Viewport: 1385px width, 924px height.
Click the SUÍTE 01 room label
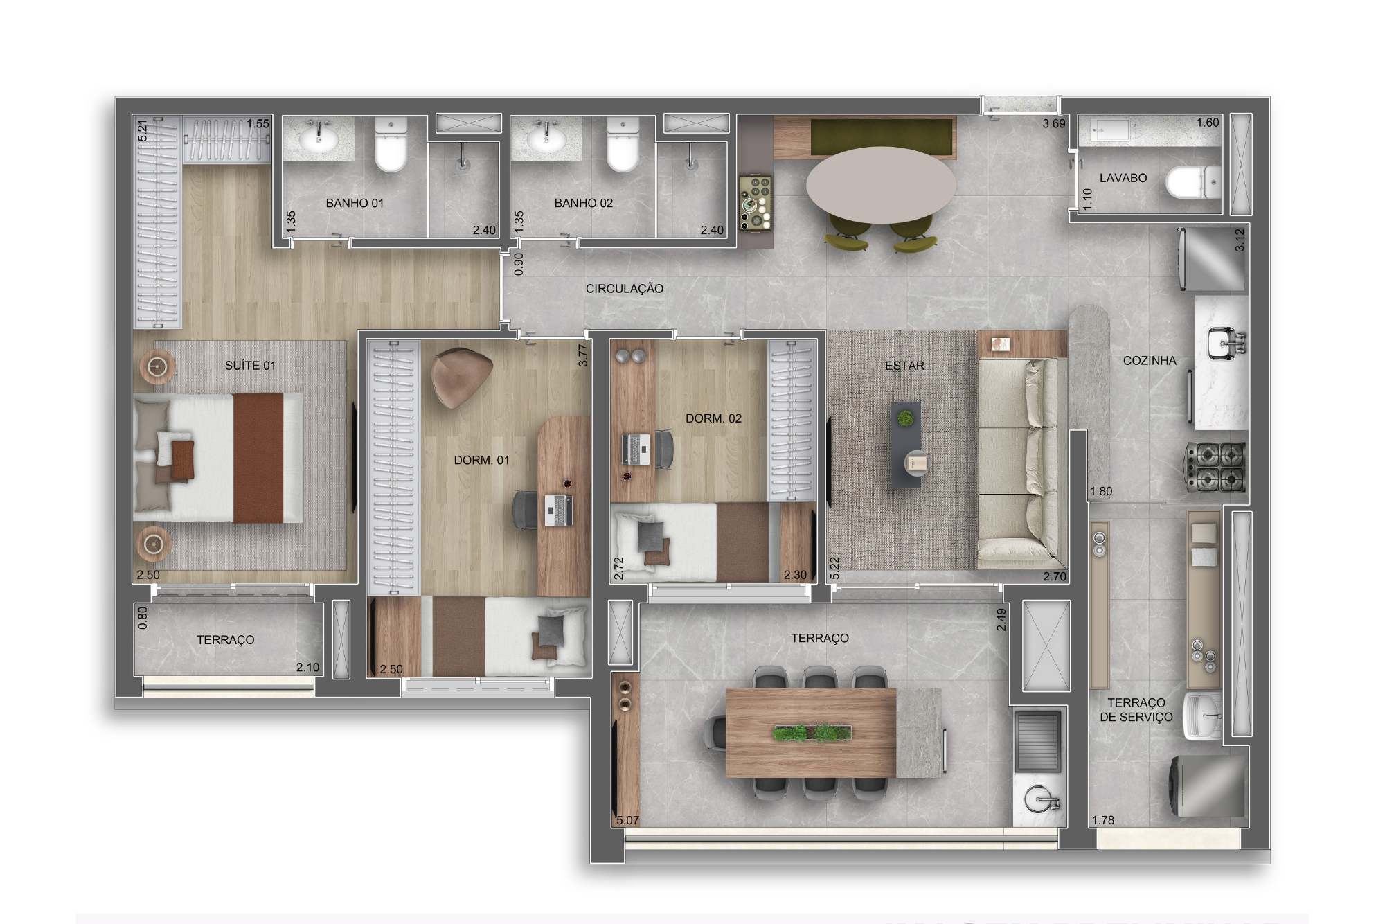pyautogui.click(x=250, y=366)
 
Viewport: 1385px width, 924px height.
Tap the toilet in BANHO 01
pyautogui.click(x=391, y=144)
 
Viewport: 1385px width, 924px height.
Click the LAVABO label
pyautogui.click(x=1123, y=178)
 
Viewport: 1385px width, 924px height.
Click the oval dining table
pyautogui.click(x=880, y=184)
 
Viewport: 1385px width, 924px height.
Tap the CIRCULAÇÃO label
pyautogui.click(x=624, y=289)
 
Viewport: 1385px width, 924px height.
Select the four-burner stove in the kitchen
pyautogui.click(x=1215, y=466)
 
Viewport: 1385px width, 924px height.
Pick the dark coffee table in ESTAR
pyautogui.click(x=906, y=444)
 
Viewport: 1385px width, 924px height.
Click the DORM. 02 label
pyautogui.click(x=713, y=418)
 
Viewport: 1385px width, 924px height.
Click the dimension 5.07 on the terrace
pyautogui.click(x=628, y=820)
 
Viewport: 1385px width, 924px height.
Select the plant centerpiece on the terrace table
pyautogui.click(x=811, y=732)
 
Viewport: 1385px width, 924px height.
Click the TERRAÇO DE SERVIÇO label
pyautogui.click(x=1136, y=710)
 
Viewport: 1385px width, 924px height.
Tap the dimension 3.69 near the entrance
pyautogui.click(x=1054, y=123)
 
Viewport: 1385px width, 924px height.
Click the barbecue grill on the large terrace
pyautogui.click(x=1037, y=741)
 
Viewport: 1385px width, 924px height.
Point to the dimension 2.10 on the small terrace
pyautogui.click(x=307, y=668)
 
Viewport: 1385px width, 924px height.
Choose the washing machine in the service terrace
pyautogui.click(x=1207, y=786)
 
